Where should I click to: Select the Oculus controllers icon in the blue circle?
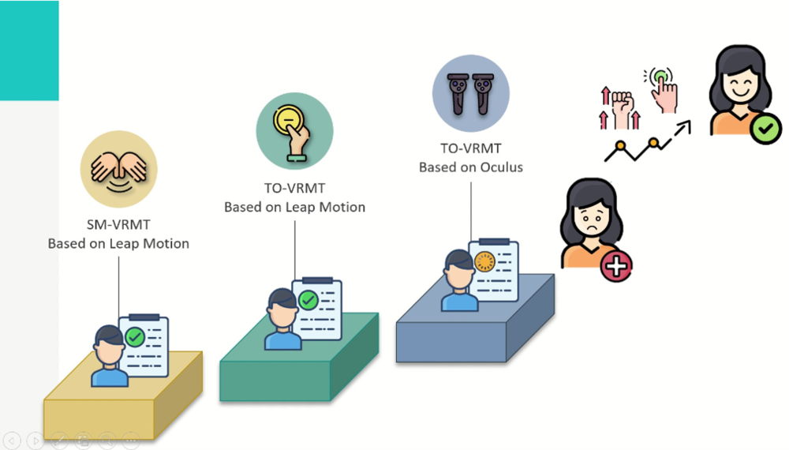point(470,93)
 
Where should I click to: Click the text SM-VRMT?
point(118,225)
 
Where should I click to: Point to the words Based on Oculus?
point(470,167)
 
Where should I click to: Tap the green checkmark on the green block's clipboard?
point(308,300)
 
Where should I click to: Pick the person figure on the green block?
point(282,319)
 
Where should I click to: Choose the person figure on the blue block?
point(458,280)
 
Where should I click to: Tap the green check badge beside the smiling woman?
point(765,128)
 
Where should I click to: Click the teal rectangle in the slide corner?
point(29,49)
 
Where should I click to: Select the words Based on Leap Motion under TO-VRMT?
point(294,207)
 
